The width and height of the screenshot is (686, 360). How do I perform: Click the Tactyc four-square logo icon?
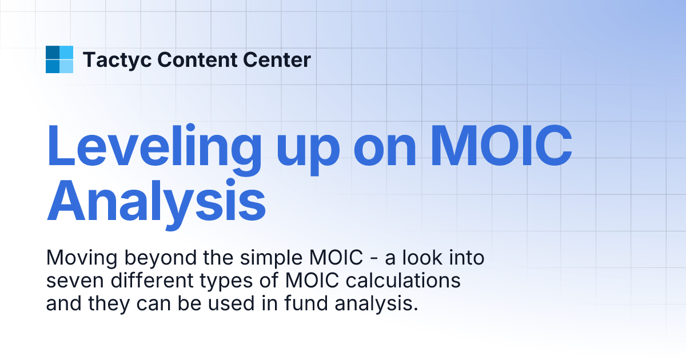[59, 59]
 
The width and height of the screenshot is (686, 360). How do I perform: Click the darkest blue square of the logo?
[53, 53]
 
